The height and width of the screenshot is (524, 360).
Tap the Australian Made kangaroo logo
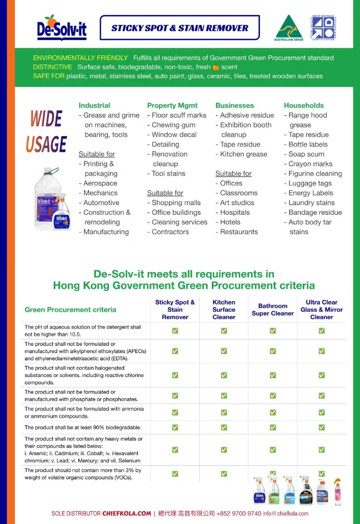pos(289,27)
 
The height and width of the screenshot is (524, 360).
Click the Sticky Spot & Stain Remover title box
pos(180,28)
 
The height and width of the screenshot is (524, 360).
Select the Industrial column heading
pos(94,105)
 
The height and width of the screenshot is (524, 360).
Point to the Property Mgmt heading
pos(172,105)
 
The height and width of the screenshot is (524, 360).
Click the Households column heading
pos(304,105)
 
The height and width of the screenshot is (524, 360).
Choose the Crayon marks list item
pos(310,164)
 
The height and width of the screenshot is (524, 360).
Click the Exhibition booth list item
pos(246,125)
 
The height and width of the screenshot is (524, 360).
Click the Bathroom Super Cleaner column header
pos(272,310)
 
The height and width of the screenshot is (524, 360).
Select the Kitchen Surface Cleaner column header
pos(224,310)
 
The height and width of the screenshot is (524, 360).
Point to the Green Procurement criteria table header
pos(70,310)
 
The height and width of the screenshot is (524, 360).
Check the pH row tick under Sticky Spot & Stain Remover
pos(175,331)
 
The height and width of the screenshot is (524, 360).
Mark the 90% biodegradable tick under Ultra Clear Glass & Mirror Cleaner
pos(321,428)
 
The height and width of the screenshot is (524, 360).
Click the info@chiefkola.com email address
pos(285,513)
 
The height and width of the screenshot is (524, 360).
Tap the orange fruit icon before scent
pos(216,67)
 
